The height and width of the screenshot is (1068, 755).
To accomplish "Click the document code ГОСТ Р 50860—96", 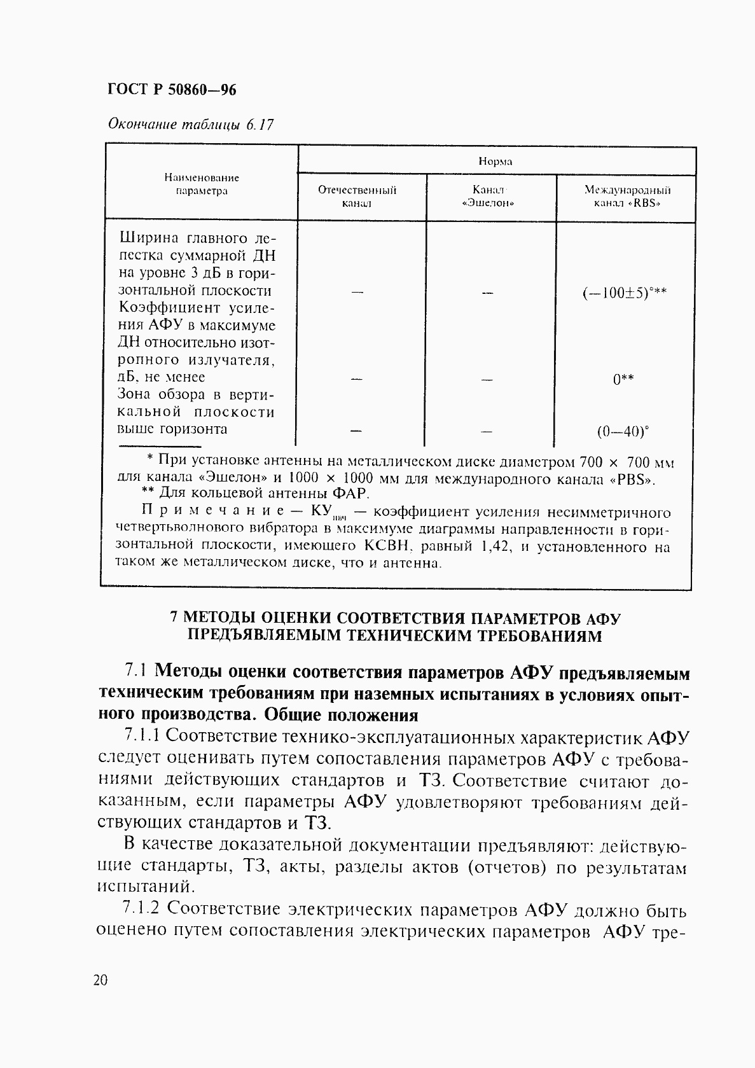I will (x=172, y=90).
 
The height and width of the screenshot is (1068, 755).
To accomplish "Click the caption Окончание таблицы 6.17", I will (x=190, y=125).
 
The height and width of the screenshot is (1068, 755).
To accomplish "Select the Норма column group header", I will (x=495, y=162).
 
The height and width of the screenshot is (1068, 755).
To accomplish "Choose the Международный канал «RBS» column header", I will (x=627, y=197).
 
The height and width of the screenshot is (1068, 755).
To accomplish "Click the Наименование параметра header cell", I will (x=202, y=184).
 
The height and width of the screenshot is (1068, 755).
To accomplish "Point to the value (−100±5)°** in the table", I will (x=624, y=293).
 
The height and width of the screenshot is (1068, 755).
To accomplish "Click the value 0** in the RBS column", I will (x=623, y=380).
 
